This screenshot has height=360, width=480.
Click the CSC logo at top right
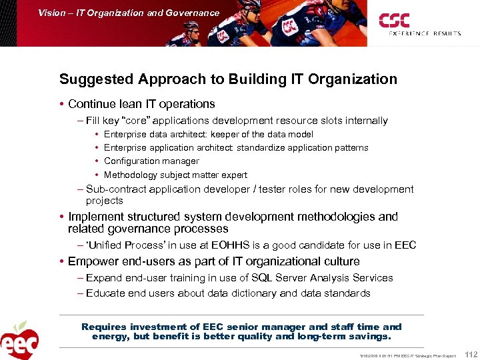point(395,20)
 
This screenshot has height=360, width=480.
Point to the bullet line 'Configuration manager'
point(151,161)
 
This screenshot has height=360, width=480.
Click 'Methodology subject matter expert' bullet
point(175,175)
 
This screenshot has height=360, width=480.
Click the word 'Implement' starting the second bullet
point(95,217)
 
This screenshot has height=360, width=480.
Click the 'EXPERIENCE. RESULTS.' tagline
point(425,33)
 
